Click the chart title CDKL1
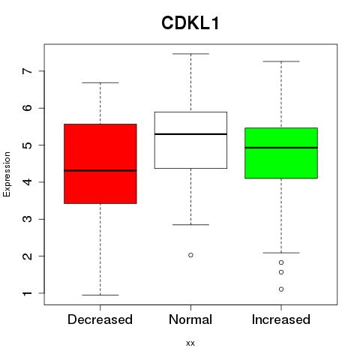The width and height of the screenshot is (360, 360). [190, 23]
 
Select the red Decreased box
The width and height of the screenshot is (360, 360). [100, 163]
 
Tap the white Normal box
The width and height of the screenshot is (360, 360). [190, 140]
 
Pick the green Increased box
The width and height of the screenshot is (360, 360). [281, 153]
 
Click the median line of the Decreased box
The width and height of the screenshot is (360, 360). [100, 170]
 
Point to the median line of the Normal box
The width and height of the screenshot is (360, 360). [190, 134]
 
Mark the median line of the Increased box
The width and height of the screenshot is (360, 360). [281, 148]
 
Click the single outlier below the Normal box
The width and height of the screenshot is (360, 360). [190, 255]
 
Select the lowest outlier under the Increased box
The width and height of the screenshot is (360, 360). [281, 289]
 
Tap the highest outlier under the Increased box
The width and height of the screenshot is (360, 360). [281, 262]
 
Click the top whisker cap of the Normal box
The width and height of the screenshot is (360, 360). [190, 54]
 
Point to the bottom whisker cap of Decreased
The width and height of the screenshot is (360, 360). [100, 295]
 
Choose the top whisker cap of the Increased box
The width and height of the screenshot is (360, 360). [281, 61]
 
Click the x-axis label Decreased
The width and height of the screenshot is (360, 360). [100, 319]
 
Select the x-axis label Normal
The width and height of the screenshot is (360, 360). [190, 319]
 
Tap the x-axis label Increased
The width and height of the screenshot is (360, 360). [281, 319]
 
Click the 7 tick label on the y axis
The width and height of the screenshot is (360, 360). [28, 71]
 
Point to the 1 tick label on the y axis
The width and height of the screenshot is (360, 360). [28, 293]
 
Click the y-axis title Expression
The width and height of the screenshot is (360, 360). [7, 174]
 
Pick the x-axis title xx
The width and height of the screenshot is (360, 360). [190, 343]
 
